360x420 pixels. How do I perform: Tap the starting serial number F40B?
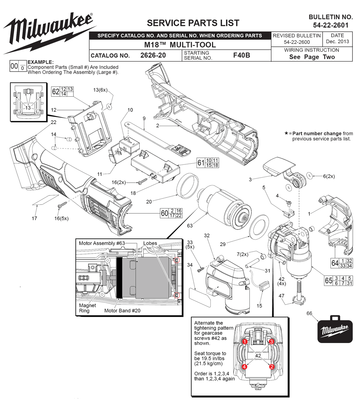[242, 55]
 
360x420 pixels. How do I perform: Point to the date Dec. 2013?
[337, 41]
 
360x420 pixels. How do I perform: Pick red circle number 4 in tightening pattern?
[245, 367]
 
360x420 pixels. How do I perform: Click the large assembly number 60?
[165, 213]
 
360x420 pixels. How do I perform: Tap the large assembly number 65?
[328, 281]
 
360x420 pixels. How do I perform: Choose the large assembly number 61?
[201, 163]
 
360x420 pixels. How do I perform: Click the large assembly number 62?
[55, 91]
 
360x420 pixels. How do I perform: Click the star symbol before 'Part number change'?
[286, 133]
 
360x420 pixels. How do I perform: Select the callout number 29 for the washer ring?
[222, 244]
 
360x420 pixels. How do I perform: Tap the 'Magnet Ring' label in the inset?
[87, 308]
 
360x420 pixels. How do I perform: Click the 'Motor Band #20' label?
[122, 310]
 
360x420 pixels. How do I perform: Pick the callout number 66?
[309, 313]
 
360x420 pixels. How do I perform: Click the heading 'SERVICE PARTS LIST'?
[193, 23]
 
